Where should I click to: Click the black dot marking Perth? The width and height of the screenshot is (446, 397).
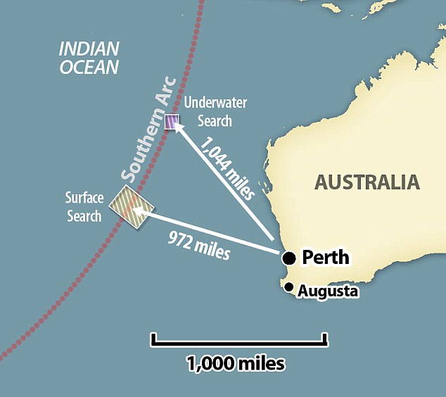(x=289, y=258)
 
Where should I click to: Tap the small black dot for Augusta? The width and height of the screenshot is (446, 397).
(x=288, y=286)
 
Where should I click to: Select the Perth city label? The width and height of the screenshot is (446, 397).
(x=325, y=258)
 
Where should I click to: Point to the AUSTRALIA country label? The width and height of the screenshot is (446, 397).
(x=367, y=182)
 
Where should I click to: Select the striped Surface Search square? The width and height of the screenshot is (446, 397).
(x=127, y=207)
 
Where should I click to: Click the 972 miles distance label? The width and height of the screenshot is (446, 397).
(x=199, y=243)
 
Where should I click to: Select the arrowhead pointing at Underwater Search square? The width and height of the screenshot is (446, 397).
(x=178, y=128)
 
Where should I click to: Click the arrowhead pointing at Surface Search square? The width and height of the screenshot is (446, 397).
(x=139, y=209)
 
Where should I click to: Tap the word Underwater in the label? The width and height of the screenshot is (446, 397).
(x=215, y=103)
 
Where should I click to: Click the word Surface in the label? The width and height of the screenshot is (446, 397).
(x=84, y=198)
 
